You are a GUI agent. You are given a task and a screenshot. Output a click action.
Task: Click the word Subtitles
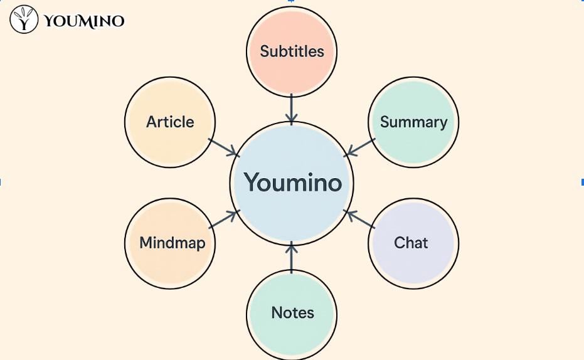point(292,51)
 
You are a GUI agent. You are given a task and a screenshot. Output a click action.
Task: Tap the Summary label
point(413,122)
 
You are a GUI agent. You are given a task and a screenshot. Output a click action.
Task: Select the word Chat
point(411,243)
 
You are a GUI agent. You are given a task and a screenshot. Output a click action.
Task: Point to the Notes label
point(292,312)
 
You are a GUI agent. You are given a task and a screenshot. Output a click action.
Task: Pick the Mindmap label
point(172,243)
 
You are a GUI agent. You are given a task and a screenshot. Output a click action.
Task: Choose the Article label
point(170,122)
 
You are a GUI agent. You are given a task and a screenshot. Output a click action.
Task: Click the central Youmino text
point(292,183)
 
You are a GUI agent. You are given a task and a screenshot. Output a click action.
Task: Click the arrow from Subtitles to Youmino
point(292,108)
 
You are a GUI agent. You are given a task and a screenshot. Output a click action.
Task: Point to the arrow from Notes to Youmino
point(292,258)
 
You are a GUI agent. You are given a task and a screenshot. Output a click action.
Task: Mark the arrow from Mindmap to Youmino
point(225,219)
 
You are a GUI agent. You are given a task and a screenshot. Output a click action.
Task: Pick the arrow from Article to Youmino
point(224,147)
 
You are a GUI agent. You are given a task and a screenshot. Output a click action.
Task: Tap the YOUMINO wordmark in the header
point(84,21)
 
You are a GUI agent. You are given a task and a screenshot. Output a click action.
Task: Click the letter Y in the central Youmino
point(252,183)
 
